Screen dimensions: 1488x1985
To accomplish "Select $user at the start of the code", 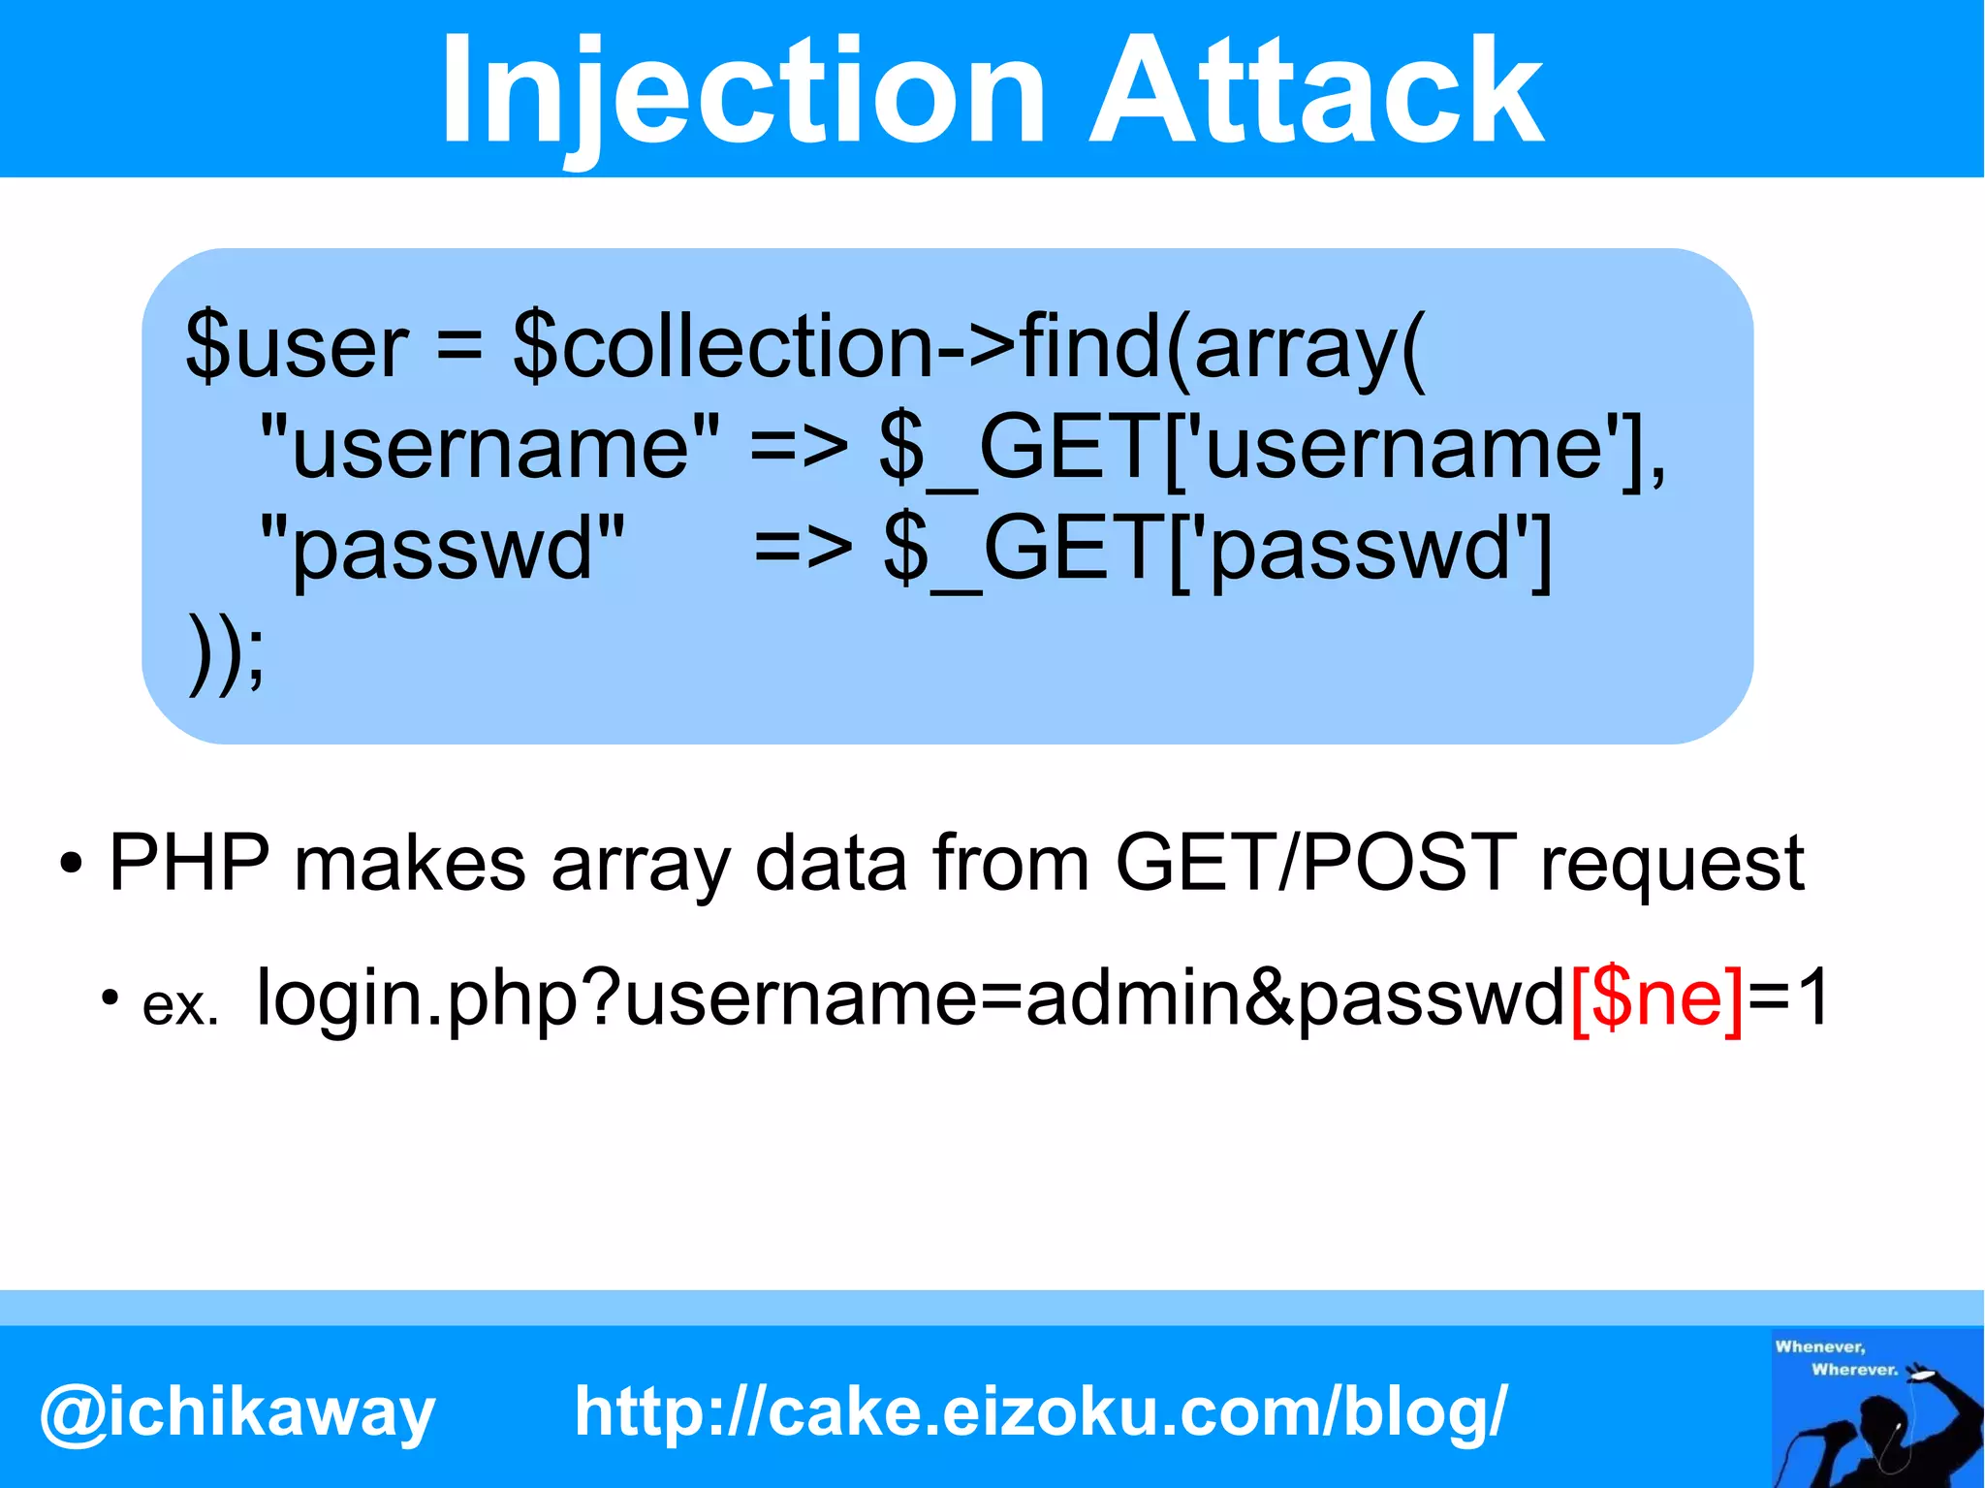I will (297, 346).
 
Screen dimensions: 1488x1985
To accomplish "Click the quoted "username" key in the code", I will (490, 447).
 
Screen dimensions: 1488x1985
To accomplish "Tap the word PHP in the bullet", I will (189, 862).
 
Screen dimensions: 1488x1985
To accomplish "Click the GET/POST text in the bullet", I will (1315, 862).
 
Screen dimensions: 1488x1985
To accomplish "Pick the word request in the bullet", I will (1672, 864).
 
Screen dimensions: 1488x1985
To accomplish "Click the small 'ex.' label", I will (180, 1006).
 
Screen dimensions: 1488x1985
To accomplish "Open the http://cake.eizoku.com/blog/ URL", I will (1041, 1410).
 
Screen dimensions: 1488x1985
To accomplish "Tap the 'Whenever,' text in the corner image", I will (1819, 1346).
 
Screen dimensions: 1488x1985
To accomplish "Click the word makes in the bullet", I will (410, 862).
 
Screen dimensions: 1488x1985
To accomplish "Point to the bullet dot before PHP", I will (71, 864).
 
